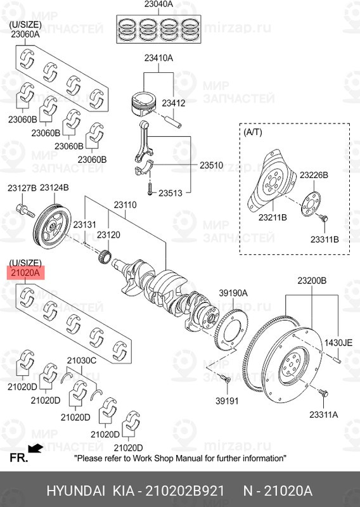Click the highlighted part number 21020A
24,273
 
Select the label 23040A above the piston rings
158,5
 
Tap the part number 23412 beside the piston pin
173,102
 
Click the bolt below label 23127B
22,209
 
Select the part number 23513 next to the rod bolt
170,193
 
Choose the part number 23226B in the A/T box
314,174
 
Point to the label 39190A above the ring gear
233,292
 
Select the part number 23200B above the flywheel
312,280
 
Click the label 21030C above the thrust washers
81,360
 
